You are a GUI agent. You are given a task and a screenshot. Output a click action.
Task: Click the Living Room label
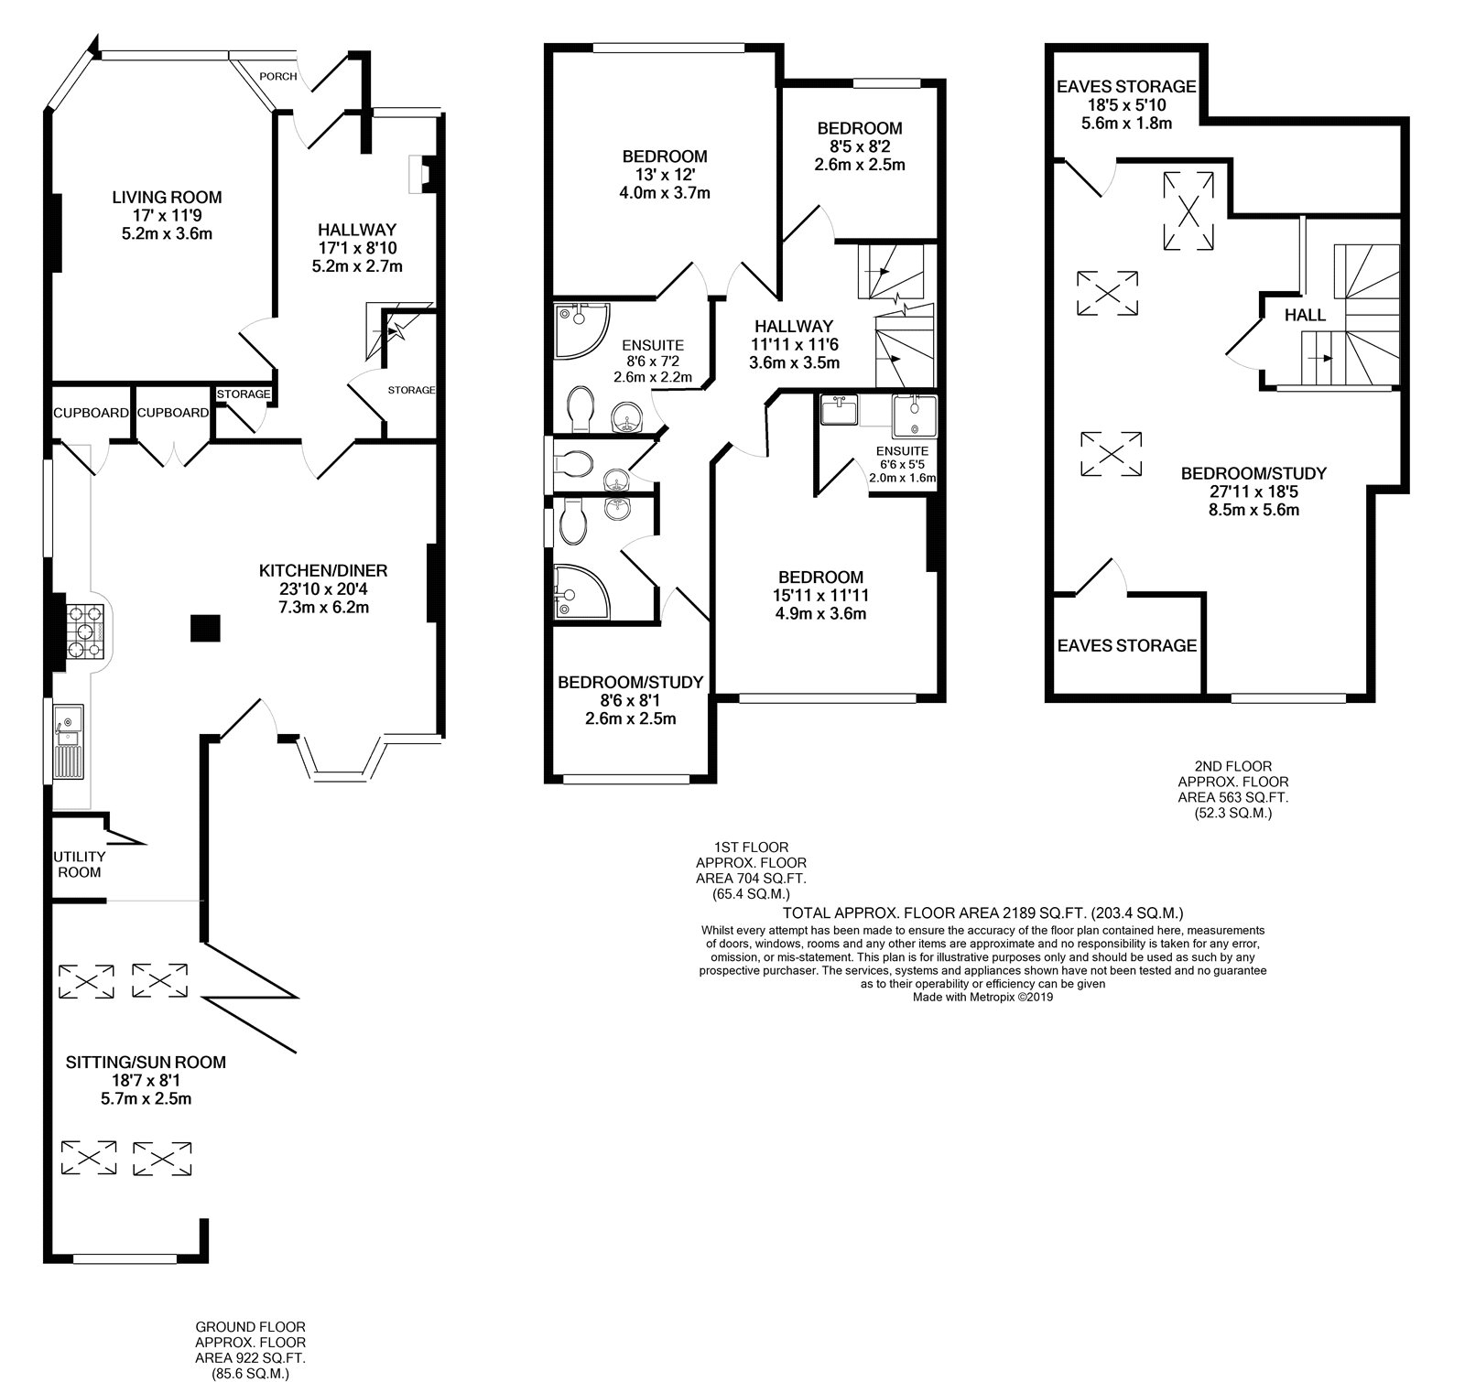pyautogui.click(x=167, y=197)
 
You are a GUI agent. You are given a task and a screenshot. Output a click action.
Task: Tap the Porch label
pyautogui.click(x=278, y=76)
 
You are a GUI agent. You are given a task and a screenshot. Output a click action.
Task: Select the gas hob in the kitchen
pyautogui.click(x=85, y=630)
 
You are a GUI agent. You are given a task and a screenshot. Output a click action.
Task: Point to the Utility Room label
pyautogui.click(x=78, y=864)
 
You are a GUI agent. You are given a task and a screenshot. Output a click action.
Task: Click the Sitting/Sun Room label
pyautogui.click(x=146, y=1063)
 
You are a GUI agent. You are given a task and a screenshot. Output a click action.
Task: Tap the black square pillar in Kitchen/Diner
pyautogui.click(x=205, y=629)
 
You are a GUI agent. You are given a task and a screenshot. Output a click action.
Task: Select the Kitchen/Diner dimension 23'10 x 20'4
pyautogui.click(x=323, y=588)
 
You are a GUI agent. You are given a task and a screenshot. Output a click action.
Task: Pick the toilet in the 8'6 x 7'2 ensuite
pyautogui.click(x=580, y=409)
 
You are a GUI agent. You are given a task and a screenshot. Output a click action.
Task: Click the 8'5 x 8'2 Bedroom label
pyautogui.click(x=860, y=128)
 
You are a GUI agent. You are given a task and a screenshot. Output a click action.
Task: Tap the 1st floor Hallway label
pyautogui.click(x=794, y=326)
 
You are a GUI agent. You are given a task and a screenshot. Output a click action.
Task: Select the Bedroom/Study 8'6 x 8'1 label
pyautogui.click(x=630, y=682)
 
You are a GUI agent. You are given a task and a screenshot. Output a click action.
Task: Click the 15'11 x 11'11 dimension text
pyautogui.click(x=820, y=595)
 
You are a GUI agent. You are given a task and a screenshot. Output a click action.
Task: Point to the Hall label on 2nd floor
pyautogui.click(x=1305, y=315)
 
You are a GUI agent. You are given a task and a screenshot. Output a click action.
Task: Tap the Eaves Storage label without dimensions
pyautogui.click(x=1127, y=645)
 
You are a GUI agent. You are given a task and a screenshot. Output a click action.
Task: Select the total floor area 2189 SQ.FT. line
pyautogui.click(x=984, y=912)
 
